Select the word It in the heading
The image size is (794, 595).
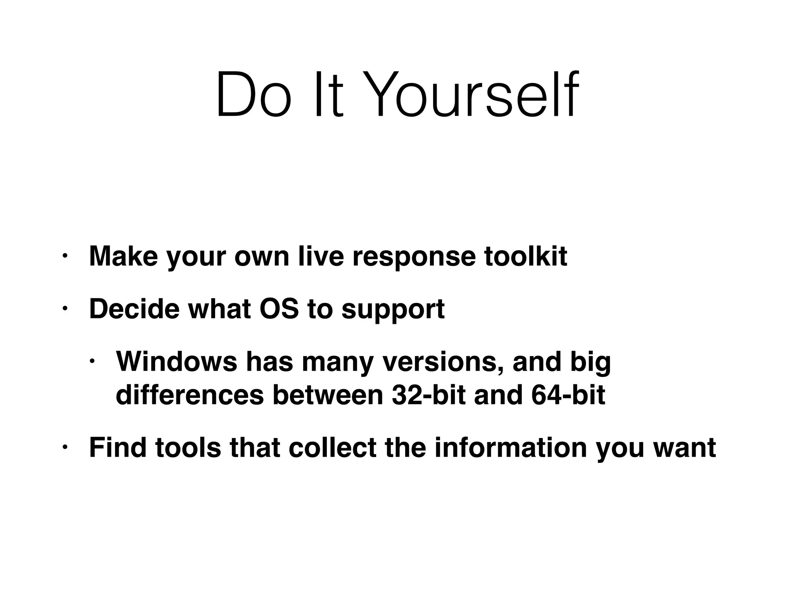[x=329, y=95]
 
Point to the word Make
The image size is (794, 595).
[x=123, y=256]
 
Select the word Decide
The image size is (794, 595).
[x=134, y=309]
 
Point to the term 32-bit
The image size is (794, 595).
[x=428, y=395]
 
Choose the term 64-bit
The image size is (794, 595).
[x=568, y=395]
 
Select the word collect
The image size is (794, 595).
[x=332, y=447]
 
